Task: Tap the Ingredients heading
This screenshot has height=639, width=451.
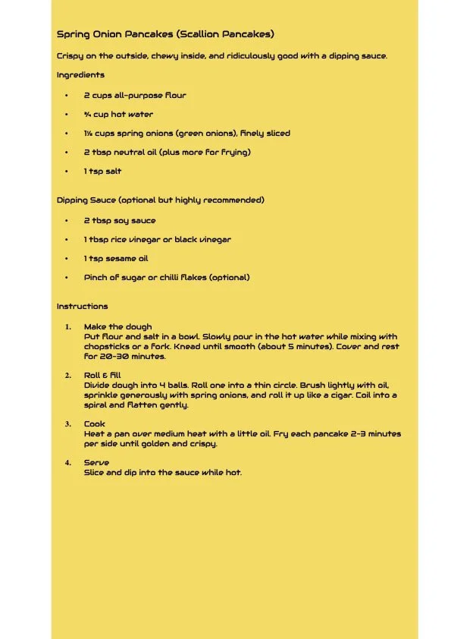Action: point(80,75)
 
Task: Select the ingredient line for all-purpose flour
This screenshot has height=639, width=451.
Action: point(135,96)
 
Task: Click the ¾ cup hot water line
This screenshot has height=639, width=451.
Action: point(118,115)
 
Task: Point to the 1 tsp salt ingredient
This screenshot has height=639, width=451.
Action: point(102,172)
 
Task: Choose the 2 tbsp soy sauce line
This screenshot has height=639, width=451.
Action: point(120,221)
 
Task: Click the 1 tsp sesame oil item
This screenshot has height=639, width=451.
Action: point(116,259)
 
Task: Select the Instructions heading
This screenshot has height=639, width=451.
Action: point(82,307)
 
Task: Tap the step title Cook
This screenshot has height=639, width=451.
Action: point(95,424)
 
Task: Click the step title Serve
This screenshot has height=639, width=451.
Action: point(96,463)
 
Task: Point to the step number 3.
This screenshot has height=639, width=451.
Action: point(67,424)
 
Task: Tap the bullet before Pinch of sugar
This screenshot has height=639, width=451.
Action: point(67,278)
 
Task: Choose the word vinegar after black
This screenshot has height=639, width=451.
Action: point(216,240)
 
